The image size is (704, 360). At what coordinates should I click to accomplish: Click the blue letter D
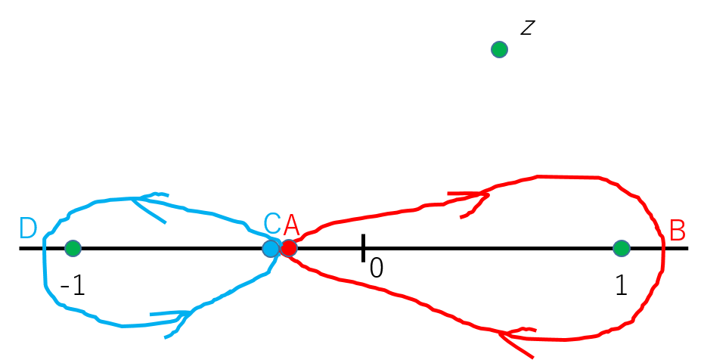click(x=28, y=228)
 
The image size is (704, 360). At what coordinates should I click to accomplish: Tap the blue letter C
click(x=271, y=224)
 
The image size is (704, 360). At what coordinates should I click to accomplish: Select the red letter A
click(x=291, y=225)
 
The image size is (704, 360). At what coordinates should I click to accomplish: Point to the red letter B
click(x=678, y=231)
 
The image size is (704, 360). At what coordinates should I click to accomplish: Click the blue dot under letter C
click(x=271, y=248)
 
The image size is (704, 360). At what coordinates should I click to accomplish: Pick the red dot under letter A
click(x=289, y=247)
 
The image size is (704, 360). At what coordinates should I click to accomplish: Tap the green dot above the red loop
click(x=499, y=50)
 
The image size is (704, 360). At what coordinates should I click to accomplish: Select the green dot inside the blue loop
click(x=73, y=248)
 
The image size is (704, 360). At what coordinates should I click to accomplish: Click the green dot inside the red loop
click(x=622, y=248)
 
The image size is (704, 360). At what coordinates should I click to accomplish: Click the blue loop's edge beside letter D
click(x=45, y=250)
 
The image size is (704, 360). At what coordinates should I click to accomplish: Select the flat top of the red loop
click(x=567, y=177)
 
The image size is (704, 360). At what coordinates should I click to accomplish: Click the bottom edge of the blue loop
click(x=125, y=325)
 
